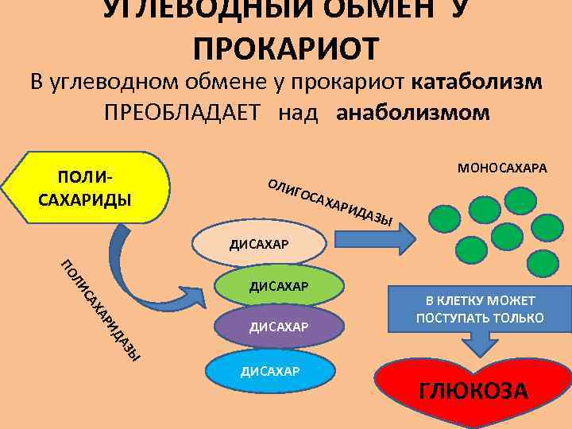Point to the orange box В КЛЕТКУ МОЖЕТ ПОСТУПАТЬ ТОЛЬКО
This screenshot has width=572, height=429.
[x=479, y=309]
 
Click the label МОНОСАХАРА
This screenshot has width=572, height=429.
[x=501, y=168]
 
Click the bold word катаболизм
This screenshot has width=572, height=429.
[x=477, y=83]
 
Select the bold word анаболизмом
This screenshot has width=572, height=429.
[x=414, y=112]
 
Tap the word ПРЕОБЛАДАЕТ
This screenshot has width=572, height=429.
[x=181, y=112]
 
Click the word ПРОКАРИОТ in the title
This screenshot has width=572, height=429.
[x=286, y=47]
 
